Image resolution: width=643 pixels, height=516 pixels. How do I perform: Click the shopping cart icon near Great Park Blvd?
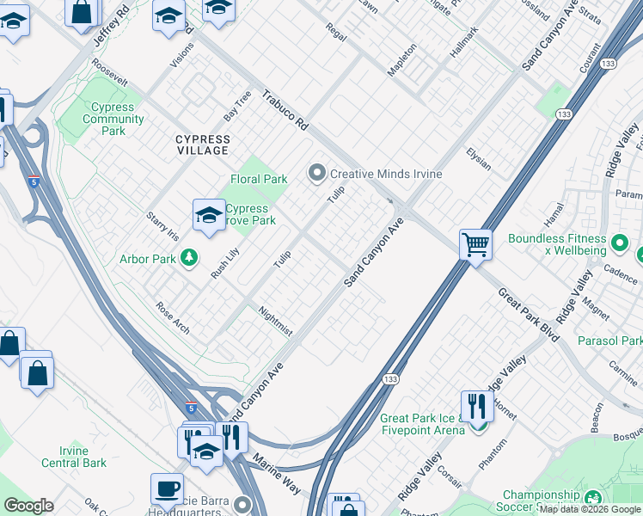tap(475, 244)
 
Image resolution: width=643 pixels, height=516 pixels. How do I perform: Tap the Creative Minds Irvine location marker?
tap(317, 174)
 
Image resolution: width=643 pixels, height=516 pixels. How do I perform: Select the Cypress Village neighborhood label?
tap(203, 144)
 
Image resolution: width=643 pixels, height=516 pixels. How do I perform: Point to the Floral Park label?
tap(259, 179)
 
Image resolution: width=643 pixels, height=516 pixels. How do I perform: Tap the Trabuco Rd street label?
tap(285, 112)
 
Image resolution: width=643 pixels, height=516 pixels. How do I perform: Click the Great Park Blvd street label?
tap(529, 316)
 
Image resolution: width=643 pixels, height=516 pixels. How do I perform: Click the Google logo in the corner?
tap(28, 506)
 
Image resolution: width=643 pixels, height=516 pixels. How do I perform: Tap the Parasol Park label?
tap(611, 341)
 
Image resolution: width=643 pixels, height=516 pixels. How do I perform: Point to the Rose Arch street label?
tap(173, 318)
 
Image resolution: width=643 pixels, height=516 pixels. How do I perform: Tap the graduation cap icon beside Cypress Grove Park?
tap(209, 216)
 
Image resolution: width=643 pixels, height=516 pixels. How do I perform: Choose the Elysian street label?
tap(478, 158)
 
